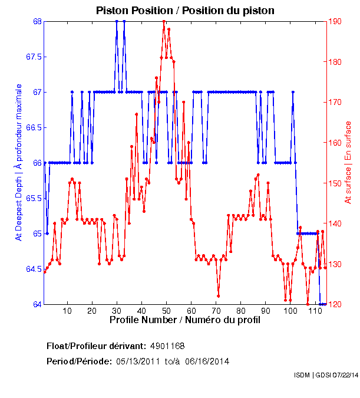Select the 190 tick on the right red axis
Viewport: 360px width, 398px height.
coord(336,22)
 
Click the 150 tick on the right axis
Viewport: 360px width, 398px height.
coord(336,183)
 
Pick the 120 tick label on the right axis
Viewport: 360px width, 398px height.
coord(336,305)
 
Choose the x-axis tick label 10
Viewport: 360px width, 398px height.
coord(68,311)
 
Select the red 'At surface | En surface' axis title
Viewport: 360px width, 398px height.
coord(348,162)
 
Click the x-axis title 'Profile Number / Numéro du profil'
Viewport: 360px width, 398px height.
coord(184,320)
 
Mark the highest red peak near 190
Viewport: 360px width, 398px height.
coord(163,22)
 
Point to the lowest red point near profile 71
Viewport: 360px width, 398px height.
coord(218,296)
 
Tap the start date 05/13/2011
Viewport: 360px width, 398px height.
coord(137,361)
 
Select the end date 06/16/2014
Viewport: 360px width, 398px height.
coord(207,361)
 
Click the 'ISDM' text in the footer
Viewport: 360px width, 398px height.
coord(302,375)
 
